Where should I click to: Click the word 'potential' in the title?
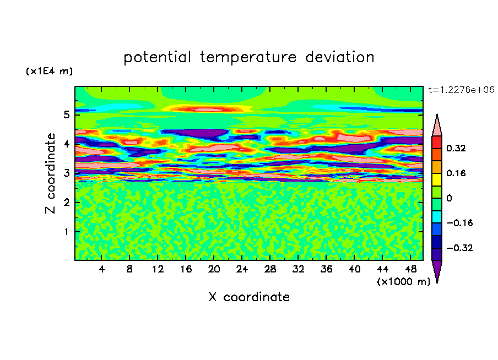(x=157, y=58)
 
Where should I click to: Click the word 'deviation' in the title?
(x=340, y=57)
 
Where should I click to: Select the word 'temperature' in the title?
(x=248, y=58)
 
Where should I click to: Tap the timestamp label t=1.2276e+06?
(x=461, y=90)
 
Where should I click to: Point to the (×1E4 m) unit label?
(x=49, y=71)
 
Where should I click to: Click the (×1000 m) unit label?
(x=403, y=282)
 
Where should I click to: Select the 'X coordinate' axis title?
(x=249, y=297)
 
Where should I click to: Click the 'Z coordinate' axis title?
(x=50, y=173)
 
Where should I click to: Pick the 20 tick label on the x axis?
(x=214, y=269)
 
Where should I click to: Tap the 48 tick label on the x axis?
(x=410, y=269)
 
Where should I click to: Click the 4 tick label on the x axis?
(x=101, y=269)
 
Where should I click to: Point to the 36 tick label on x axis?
(x=326, y=269)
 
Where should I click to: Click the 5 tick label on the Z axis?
(x=66, y=114)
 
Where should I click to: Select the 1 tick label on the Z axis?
(x=66, y=232)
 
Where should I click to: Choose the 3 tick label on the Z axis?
(x=66, y=173)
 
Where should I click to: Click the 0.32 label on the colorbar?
(x=456, y=148)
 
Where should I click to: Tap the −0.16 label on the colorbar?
(x=459, y=223)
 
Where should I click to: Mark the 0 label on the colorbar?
(x=449, y=198)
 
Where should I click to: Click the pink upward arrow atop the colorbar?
(x=437, y=125)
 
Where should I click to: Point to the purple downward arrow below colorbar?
(x=437, y=271)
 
